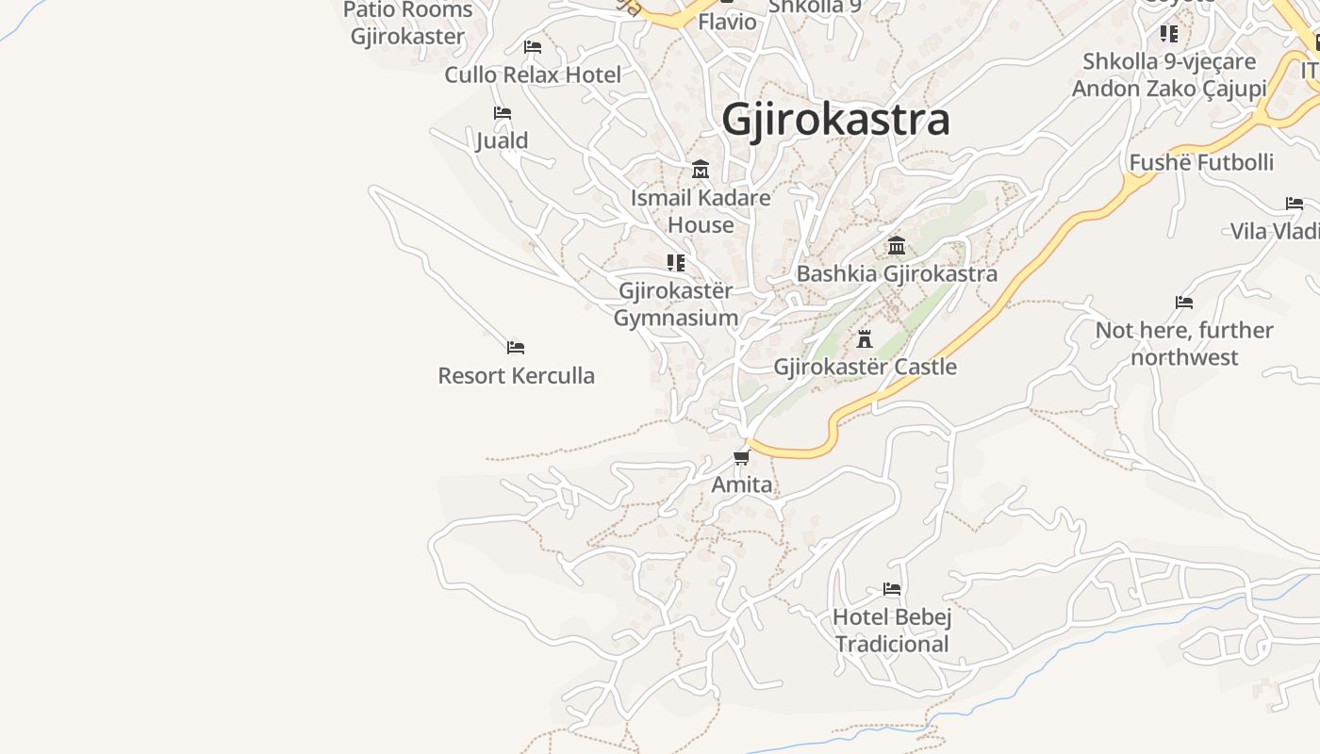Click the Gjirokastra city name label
835,120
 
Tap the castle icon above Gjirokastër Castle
865,339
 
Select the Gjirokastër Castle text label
865,367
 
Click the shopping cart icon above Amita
741,458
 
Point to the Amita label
742,484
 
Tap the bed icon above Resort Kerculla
516,348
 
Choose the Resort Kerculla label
516,375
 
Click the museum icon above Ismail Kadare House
701,170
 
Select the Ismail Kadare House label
701,211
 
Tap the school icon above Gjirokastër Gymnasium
675,262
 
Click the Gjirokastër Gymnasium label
675,303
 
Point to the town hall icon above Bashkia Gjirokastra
897,246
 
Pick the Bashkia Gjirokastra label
897,273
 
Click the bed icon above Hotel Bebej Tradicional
892,589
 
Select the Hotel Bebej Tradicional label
892,631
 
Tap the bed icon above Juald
503,113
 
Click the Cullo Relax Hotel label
533,74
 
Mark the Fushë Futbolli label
1201,162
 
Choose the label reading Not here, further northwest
1184,343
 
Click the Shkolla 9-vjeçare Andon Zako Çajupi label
1169,75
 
